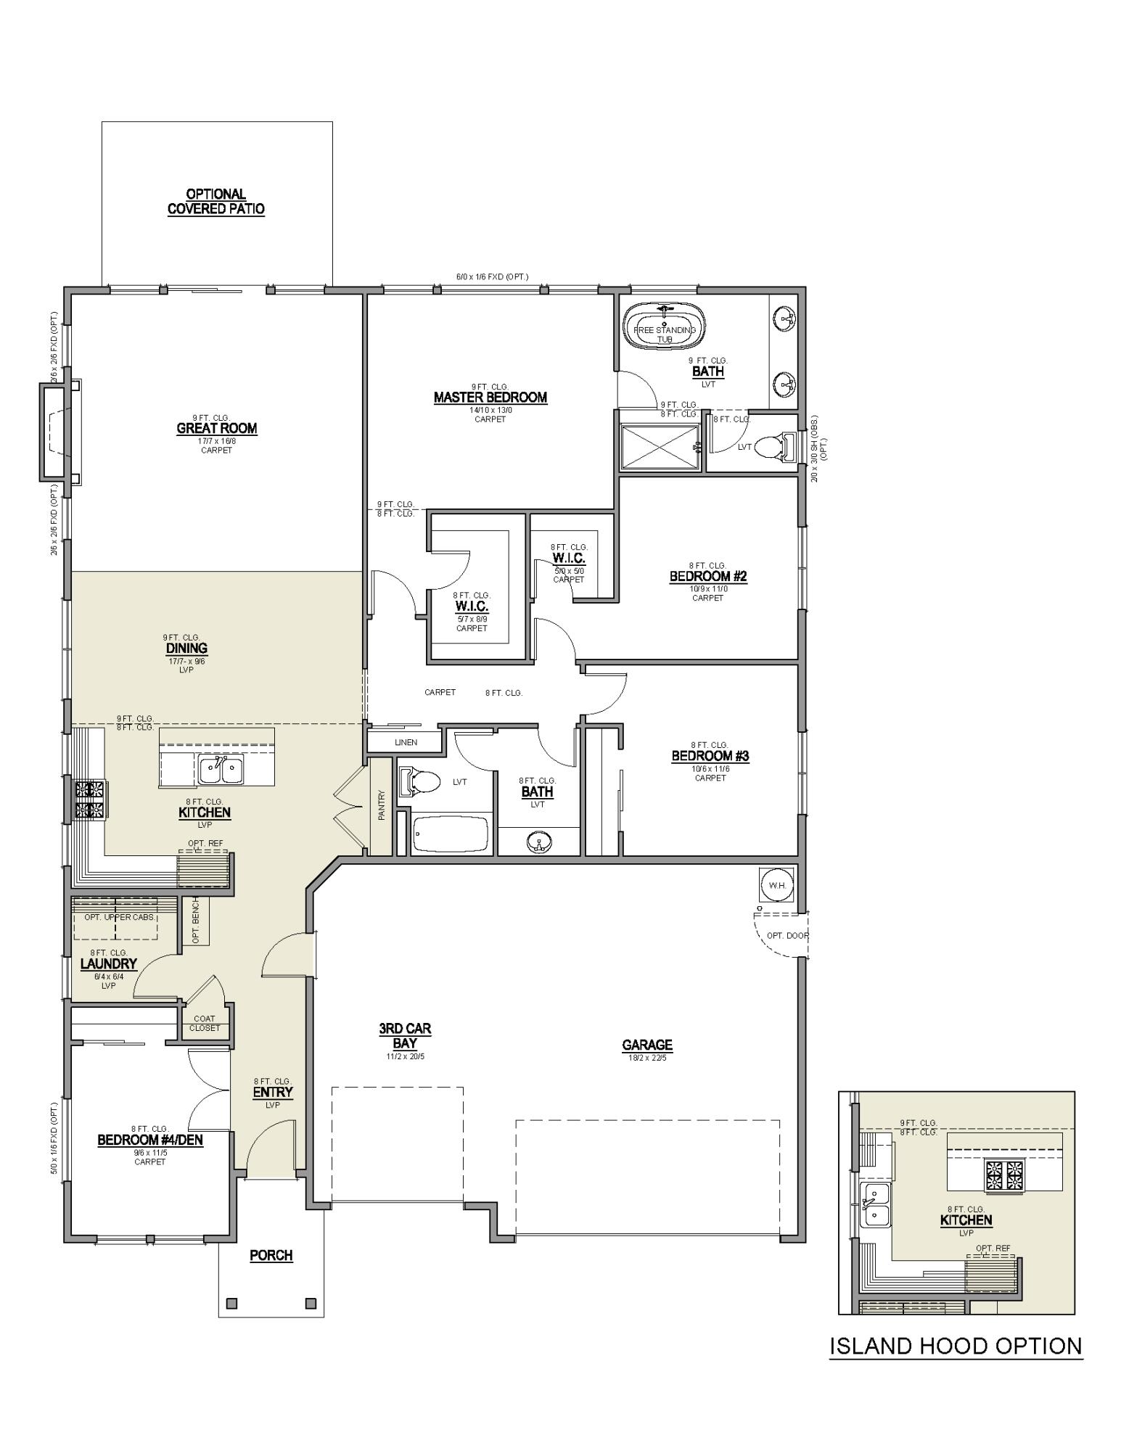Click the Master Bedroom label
[x=490, y=398]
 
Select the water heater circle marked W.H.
[x=776, y=885]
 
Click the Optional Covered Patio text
[x=216, y=202]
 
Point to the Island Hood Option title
[x=956, y=1347]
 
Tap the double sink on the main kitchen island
[x=221, y=770]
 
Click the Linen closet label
[x=406, y=742]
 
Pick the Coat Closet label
[x=205, y=1023]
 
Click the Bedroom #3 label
[x=710, y=756]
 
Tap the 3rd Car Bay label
[x=405, y=1036]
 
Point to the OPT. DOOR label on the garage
[x=787, y=935]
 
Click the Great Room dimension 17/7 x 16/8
[x=216, y=441]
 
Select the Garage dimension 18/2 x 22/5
[x=646, y=1058]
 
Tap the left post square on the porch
[x=231, y=1303]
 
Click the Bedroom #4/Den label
[x=150, y=1140]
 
